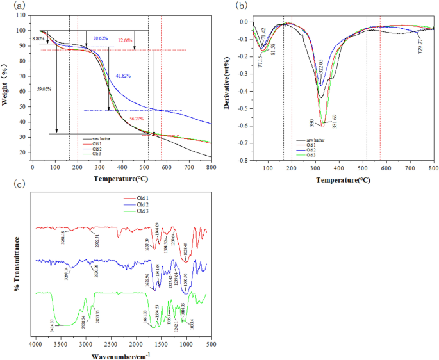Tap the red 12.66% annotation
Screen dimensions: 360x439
tap(126, 40)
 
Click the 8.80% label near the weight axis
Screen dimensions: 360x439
tap(40, 39)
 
